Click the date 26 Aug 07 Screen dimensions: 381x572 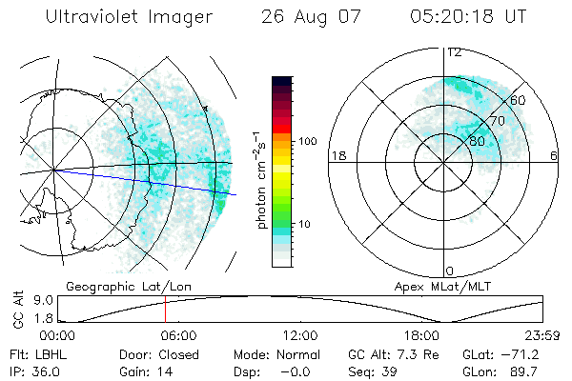tap(307, 17)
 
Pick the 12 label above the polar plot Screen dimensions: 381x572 tap(455, 52)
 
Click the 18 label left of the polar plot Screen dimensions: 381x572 tap(337, 156)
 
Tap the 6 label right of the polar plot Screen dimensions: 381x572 tap(554, 156)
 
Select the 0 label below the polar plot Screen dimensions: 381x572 tap(450, 271)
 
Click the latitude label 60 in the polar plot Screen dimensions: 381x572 tap(519, 100)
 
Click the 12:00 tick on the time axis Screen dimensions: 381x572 tap(300, 335)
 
